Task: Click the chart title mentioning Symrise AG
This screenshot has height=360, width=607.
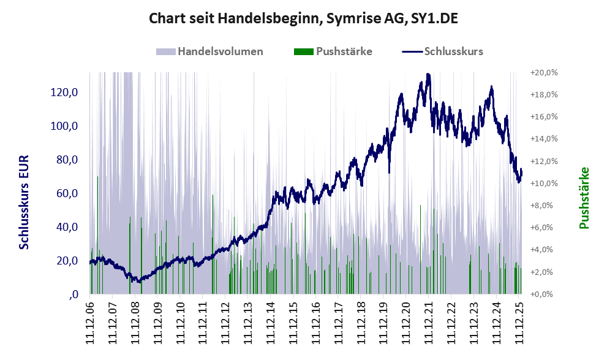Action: [x=304, y=19]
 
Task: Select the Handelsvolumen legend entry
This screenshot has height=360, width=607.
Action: [x=220, y=51]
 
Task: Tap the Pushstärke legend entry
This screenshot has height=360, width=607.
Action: [x=344, y=51]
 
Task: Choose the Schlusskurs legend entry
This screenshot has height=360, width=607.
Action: [x=453, y=51]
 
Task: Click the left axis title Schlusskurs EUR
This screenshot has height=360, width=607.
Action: [x=25, y=202]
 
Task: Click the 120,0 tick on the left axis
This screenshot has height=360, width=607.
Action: [x=64, y=92]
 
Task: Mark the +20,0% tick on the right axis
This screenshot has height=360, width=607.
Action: [x=543, y=72]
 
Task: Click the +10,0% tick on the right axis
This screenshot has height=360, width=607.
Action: [x=543, y=183]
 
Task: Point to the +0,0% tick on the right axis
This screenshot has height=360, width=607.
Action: [x=543, y=294]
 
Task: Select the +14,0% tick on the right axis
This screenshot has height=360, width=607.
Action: [x=543, y=139]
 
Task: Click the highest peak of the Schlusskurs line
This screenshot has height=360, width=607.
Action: [x=428, y=75]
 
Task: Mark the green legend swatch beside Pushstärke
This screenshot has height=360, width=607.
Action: [x=303, y=51]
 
